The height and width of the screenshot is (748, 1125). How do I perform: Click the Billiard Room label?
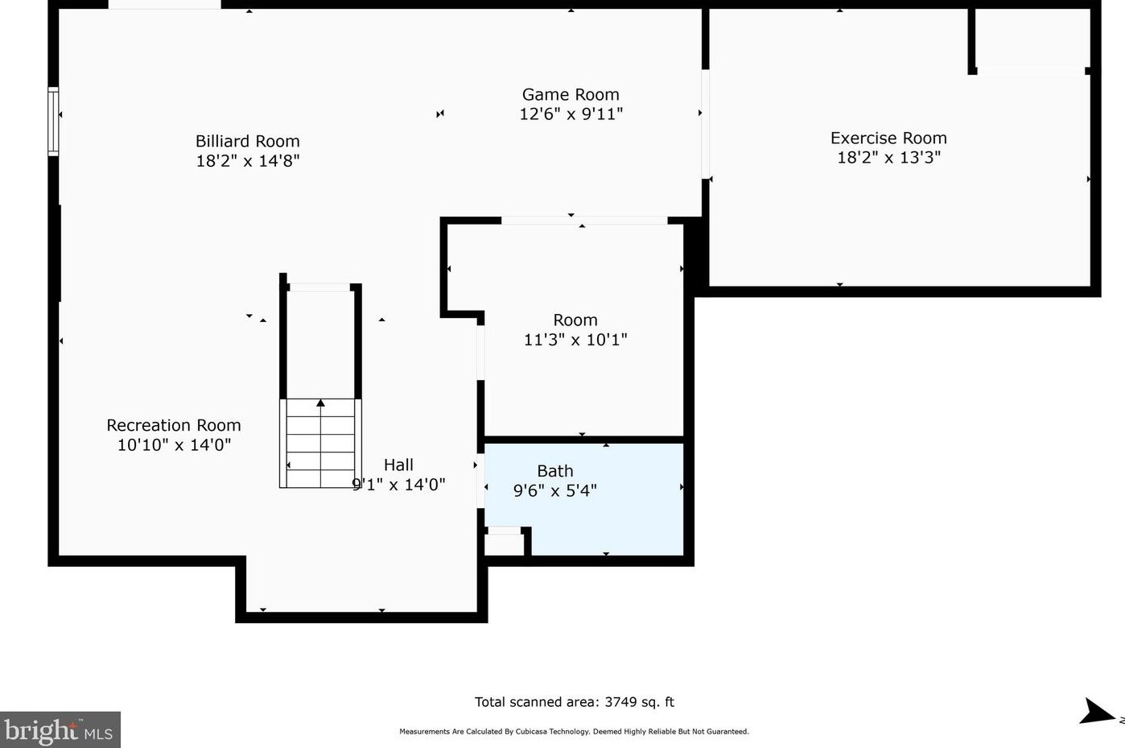click(248, 141)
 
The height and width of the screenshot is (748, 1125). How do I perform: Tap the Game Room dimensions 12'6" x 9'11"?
click(571, 114)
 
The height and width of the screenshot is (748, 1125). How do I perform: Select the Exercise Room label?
click(888, 138)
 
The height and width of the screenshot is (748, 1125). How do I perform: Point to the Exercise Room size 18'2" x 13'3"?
click(888, 157)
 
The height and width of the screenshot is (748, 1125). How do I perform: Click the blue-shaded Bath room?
click(583, 499)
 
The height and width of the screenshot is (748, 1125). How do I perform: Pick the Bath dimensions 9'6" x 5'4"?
click(555, 490)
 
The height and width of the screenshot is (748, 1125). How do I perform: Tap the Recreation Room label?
click(174, 425)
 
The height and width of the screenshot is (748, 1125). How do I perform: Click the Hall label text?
click(398, 465)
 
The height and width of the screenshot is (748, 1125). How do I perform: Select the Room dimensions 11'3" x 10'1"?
click(575, 340)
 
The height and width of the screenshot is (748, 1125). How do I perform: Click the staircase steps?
click(320, 443)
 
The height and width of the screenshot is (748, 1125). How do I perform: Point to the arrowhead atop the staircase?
click(320, 403)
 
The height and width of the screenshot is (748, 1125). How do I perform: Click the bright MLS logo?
click(60, 730)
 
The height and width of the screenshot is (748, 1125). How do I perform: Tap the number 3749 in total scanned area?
click(620, 702)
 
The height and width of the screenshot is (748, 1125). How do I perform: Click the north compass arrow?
click(1096, 711)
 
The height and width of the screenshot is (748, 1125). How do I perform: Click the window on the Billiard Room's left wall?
click(53, 121)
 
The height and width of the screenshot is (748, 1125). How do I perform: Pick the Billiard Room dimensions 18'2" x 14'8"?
click(248, 161)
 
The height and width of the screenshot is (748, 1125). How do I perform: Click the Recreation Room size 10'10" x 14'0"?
click(174, 445)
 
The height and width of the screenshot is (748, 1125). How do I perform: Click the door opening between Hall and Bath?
click(480, 481)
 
